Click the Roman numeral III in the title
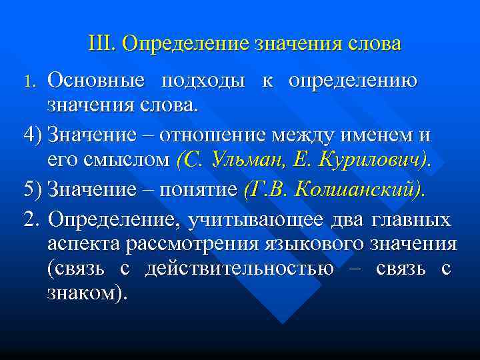[102, 44]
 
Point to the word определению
[353, 81]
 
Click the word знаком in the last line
[82, 294]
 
